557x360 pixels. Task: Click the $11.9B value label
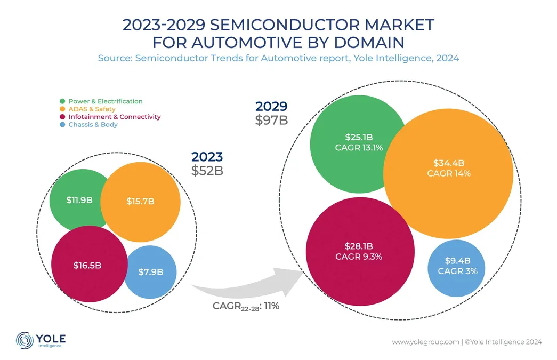pyautogui.click(x=79, y=200)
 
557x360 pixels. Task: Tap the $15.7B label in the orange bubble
pyautogui.click(x=140, y=201)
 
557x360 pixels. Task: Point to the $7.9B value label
pyautogui.click(x=150, y=272)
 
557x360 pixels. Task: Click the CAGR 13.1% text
pyautogui.click(x=358, y=148)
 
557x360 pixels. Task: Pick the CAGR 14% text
pyautogui.click(x=449, y=173)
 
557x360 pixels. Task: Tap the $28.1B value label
pyautogui.click(x=359, y=246)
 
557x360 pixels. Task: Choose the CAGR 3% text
pyautogui.click(x=457, y=271)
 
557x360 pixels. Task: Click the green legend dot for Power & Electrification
pyautogui.click(x=63, y=101)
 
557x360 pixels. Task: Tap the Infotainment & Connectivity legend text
pyautogui.click(x=115, y=117)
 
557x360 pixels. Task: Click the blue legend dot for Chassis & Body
pyautogui.click(x=63, y=125)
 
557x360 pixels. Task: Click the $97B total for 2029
pyautogui.click(x=271, y=119)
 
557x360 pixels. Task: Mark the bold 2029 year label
pyautogui.click(x=271, y=107)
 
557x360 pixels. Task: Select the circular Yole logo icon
pyautogui.click(x=25, y=340)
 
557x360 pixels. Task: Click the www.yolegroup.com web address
pyautogui.click(x=425, y=341)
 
